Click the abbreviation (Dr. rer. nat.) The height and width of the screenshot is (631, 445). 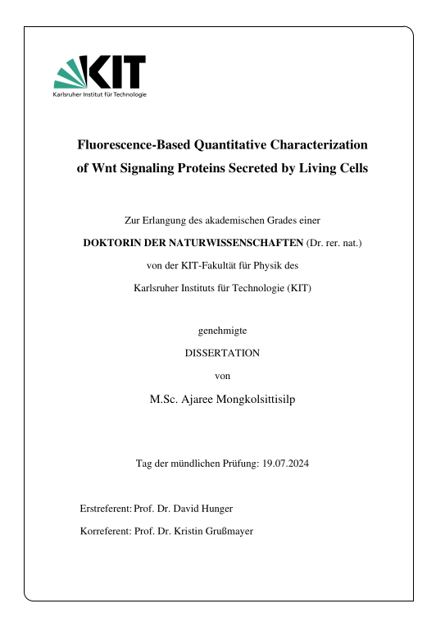[x=334, y=243]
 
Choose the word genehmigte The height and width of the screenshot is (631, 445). [x=223, y=330]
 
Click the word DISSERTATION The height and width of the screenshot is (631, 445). [x=223, y=353]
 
